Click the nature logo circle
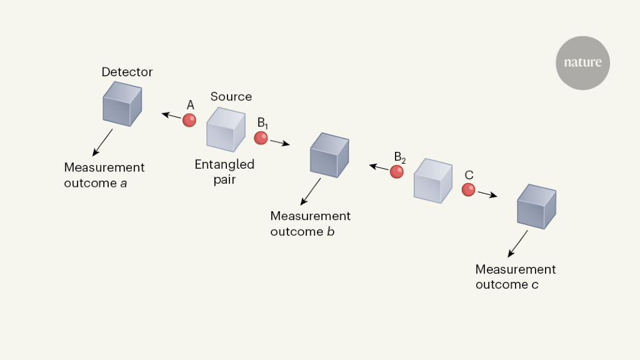tap(582, 62)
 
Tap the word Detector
tap(127, 72)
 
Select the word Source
tap(231, 97)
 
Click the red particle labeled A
tap(189, 120)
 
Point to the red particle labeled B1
tap(261, 138)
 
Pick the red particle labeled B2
tap(397, 172)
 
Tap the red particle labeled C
tap(468, 189)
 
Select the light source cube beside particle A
tap(225, 129)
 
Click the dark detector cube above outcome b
tap(329, 154)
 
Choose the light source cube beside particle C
tap(432, 181)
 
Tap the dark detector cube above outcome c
tap(536, 206)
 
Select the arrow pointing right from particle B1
tap(279, 142)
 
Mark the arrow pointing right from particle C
tap(487, 194)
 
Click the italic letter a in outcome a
tap(124, 183)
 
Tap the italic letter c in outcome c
tap(535, 285)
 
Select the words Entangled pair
tap(224, 171)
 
